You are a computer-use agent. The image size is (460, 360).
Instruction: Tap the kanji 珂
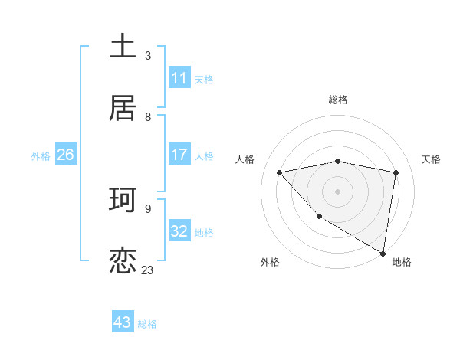[123, 200]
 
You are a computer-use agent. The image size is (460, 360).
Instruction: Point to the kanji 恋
[123, 261]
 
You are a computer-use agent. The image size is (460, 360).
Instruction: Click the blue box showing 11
[179, 78]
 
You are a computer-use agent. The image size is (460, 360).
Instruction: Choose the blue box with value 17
[179, 155]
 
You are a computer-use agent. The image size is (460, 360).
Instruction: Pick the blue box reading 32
[179, 231]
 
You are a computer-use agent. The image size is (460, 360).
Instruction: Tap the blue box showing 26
[65, 155]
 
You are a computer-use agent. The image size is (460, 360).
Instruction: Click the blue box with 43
[123, 322]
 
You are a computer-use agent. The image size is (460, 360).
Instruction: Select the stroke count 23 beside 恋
[147, 270]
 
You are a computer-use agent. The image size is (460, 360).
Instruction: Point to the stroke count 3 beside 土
[148, 55]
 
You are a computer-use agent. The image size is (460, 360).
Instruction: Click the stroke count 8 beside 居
[148, 116]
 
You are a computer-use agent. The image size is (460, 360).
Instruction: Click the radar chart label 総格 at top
[338, 100]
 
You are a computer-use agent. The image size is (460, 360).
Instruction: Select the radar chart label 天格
[431, 159]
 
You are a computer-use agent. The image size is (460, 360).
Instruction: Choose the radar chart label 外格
[270, 262]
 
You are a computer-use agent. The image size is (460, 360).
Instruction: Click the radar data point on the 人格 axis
[280, 172]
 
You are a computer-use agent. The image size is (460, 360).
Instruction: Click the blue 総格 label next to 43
[147, 324]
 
